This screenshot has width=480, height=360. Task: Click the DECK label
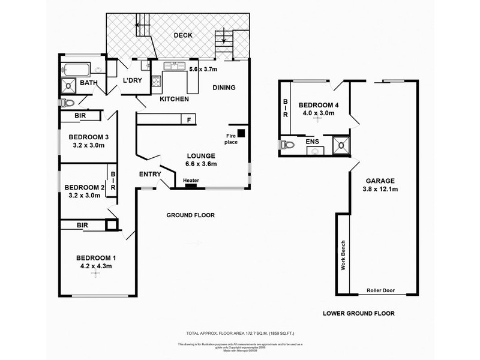point(183,35)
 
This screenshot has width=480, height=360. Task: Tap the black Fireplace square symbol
point(241,133)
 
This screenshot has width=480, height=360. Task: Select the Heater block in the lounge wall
point(191,185)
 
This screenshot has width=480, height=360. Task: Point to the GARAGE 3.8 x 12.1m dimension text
point(380,191)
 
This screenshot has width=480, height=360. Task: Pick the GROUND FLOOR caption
point(191,215)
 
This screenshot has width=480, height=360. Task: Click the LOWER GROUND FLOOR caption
point(359,313)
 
